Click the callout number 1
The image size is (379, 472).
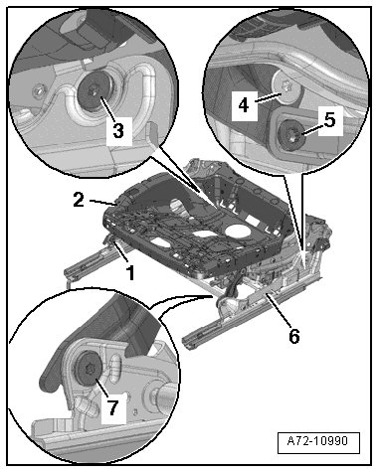click(x=131, y=273)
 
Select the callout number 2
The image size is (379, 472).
click(x=79, y=200)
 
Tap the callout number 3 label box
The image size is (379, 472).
click(x=118, y=131)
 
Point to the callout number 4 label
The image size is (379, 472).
click(x=244, y=105)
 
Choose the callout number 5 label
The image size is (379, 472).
click(x=329, y=120)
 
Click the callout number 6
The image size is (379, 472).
click(x=294, y=336)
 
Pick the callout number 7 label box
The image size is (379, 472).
click(x=113, y=407)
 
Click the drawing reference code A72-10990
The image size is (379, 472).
click(x=318, y=441)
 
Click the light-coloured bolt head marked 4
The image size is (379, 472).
click(x=285, y=86)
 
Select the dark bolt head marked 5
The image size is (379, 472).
click(x=292, y=137)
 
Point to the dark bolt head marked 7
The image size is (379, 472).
click(x=89, y=370)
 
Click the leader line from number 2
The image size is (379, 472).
click(x=101, y=202)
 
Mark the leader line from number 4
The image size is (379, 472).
click(x=269, y=97)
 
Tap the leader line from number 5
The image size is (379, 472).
click(x=309, y=131)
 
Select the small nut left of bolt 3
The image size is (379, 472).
click(x=41, y=89)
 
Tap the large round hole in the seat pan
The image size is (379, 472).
click(x=239, y=231)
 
